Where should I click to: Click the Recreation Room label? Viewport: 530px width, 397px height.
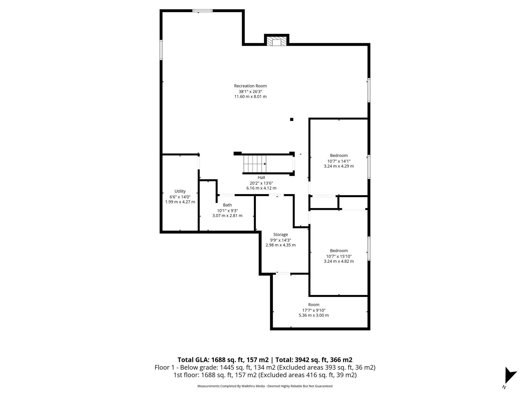point(250,86)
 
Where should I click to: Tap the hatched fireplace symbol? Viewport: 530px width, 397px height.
point(276,41)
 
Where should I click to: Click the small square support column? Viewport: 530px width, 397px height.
point(292,119)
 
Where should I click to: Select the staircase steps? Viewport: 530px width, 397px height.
point(255,164)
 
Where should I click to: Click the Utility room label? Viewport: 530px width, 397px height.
point(180,191)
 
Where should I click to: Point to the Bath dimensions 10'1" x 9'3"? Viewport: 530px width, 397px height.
point(227,211)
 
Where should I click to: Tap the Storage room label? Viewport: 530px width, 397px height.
point(281,234)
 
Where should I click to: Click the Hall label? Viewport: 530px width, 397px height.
point(261,178)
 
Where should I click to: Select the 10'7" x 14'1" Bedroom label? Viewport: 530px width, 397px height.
point(339,156)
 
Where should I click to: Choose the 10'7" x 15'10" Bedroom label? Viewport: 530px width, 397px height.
point(339,251)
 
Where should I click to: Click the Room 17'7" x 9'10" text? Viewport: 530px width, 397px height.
point(314,310)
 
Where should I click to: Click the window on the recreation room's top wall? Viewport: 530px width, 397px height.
point(202,11)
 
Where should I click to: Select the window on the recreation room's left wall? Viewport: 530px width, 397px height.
point(161,50)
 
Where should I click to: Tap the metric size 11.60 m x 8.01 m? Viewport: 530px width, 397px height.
point(250,97)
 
